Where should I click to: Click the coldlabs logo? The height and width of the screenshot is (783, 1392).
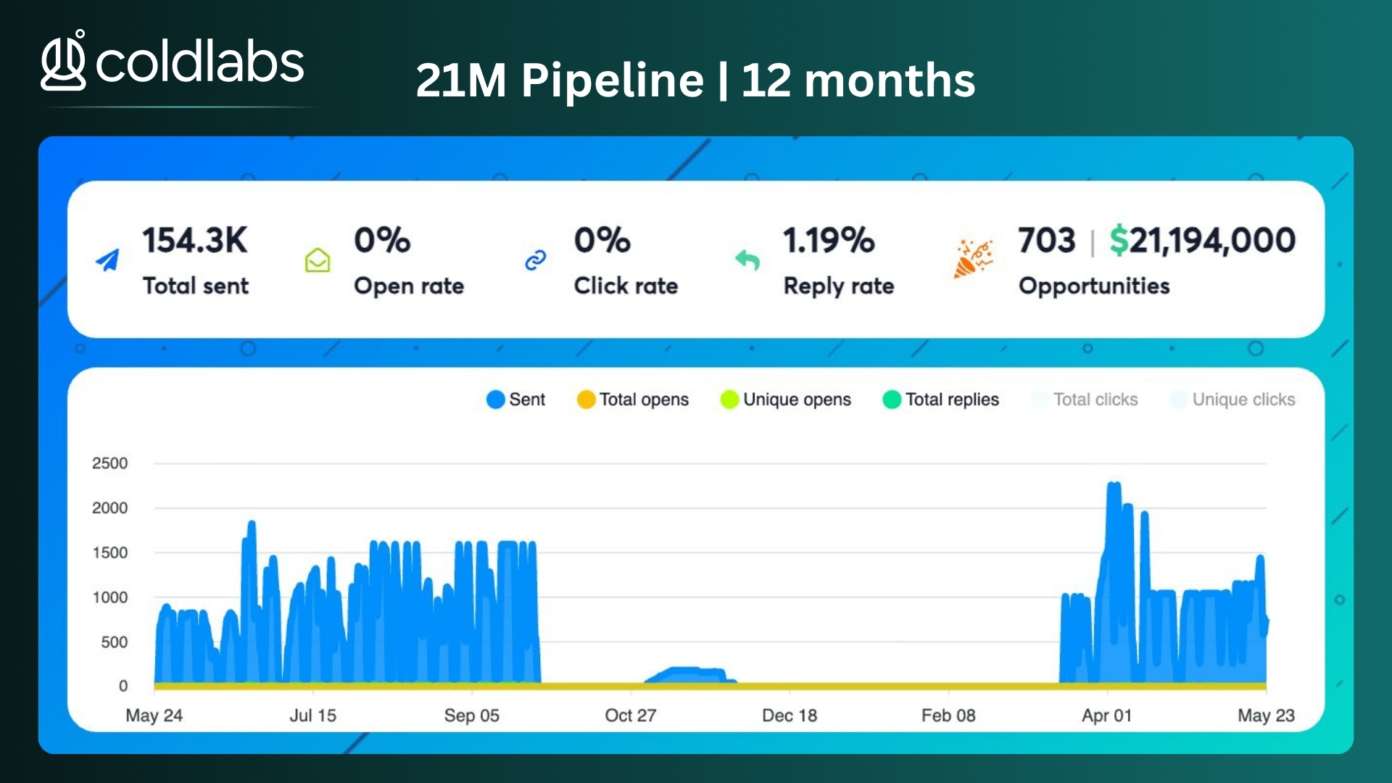173,61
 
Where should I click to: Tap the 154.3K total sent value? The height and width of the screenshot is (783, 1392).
195,240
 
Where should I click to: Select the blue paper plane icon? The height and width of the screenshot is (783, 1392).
107,260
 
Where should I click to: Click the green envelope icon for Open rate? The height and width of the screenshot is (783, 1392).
318,260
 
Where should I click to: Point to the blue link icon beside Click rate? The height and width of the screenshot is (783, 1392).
535,260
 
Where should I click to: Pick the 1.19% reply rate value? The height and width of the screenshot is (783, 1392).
829,240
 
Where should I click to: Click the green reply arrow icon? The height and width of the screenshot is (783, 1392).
747,260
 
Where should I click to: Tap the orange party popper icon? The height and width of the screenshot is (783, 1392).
972,259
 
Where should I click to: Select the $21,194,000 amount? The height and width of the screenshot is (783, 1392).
1203,240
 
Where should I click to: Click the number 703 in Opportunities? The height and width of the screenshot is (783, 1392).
1046,240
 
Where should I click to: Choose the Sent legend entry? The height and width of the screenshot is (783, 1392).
515,399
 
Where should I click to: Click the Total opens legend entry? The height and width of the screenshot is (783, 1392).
632,399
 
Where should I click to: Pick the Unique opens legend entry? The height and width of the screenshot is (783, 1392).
785,399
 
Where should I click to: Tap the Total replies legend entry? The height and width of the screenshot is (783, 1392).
940,399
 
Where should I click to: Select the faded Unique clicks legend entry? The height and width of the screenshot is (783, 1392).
1232,399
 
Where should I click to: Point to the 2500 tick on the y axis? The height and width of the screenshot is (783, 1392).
109,463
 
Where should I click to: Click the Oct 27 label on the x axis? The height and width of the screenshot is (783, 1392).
630,716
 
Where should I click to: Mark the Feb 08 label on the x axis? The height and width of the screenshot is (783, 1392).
948,716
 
